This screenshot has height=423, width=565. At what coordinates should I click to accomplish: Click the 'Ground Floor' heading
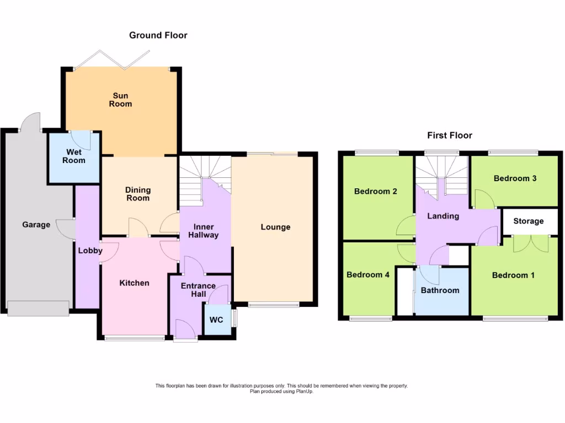coord(158,35)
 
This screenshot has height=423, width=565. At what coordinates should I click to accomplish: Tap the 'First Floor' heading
coord(450,135)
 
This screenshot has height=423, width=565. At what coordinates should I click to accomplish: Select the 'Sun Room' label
coord(120,100)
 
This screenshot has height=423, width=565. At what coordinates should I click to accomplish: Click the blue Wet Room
coord(74,156)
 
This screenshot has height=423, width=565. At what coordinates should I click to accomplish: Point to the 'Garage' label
coord(36,225)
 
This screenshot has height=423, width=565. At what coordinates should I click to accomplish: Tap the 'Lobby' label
coord(90,251)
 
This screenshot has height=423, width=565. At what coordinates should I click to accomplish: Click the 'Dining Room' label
coord(138,194)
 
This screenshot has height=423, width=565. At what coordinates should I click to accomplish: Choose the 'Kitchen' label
coord(135,283)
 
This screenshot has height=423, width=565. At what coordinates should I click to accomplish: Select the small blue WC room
coord(217,319)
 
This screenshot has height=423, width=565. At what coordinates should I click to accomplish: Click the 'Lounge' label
coord(275,227)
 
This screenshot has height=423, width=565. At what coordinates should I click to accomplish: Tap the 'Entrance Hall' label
coord(199,290)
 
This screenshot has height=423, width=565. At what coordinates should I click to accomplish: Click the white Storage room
coord(528,221)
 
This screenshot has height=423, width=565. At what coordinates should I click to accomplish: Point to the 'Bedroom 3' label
coord(515,178)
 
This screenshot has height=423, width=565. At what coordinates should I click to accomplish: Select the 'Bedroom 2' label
coord(376,192)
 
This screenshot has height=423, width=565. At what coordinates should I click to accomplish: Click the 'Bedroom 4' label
coord(368,275)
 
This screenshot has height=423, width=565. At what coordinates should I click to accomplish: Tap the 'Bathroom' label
coord(440,290)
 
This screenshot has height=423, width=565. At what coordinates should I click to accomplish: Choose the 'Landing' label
coord(444,216)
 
